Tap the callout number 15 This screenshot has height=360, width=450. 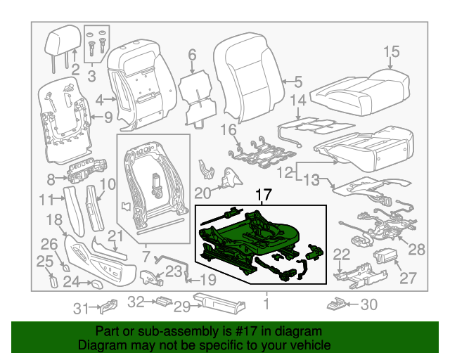[391, 51]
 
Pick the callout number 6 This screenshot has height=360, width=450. [191, 56]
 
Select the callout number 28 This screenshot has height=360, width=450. [417, 249]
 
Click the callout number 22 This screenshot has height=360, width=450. [341, 255]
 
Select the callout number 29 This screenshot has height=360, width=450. [182, 306]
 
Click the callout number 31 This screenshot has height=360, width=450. [83, 307]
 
